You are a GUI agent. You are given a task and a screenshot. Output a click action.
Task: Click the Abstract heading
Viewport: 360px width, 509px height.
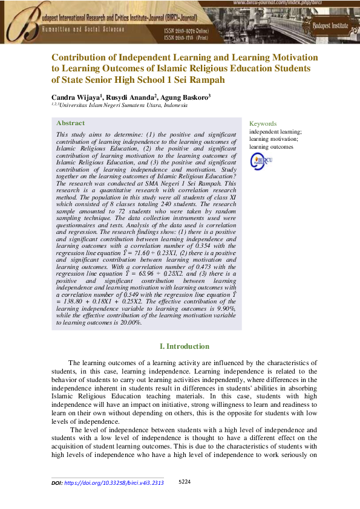pyautogui.click(x=70, y=123)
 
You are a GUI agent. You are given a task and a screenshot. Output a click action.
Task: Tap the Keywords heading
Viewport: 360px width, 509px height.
pyautogui.click(x=263, y=123)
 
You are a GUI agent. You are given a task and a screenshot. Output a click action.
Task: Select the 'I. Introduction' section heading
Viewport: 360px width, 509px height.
pyautogui.click(x=184, y=346)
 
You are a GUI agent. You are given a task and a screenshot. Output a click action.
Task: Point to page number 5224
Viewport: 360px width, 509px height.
pyautogui.click(x=185, y=482)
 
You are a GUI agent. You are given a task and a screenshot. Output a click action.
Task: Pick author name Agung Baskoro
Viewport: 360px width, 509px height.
pyautogui.click(x=186, y=97)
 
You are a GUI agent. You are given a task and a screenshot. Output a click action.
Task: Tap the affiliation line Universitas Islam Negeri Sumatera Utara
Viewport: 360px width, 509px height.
pyautogui.click(x=119, y=105)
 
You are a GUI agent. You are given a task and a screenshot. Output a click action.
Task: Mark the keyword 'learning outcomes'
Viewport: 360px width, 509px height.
pyautogui.click(x=271, y=146)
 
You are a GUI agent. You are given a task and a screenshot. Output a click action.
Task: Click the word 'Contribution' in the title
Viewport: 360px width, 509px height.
pyautogui.click(x=85, y=57)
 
